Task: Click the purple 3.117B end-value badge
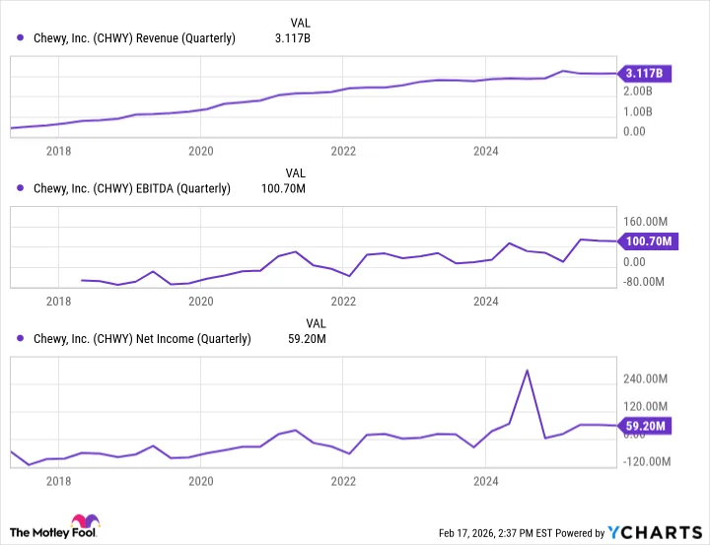647,73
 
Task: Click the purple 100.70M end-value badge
647,241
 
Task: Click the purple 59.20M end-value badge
647,427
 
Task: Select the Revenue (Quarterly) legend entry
127,38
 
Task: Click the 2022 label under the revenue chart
342,151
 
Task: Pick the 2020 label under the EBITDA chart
200,302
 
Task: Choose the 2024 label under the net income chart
485,481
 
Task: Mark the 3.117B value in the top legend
292,38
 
